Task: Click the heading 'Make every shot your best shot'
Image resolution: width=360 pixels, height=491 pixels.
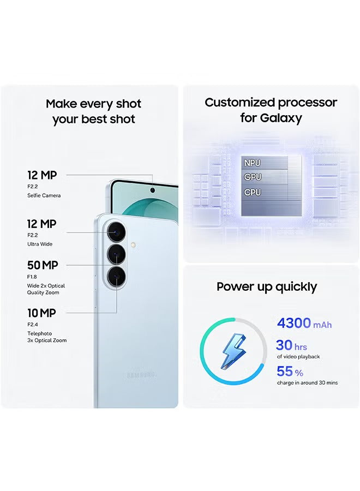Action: (93, 111)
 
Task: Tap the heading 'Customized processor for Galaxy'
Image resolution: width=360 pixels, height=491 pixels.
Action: (271, 110)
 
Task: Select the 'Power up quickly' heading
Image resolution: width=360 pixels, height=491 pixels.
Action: (267, 286)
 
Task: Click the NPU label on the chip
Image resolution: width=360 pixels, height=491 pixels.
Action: (253, 163)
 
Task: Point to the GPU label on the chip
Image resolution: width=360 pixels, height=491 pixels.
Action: (253, 177)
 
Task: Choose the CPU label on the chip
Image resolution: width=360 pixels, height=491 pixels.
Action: (253, 192)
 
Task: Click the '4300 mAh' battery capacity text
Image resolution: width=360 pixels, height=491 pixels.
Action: (304, 323)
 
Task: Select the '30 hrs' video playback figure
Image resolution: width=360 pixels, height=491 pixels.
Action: (291, 345)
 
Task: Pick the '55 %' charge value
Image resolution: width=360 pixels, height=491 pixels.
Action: (290, 372)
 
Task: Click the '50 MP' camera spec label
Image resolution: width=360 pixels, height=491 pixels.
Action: (43, 265)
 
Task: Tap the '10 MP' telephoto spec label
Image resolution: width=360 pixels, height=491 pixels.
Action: (41, 313)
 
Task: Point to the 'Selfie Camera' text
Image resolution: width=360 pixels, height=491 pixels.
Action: (44, 195)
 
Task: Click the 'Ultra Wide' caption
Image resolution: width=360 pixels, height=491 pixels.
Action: (40, 244)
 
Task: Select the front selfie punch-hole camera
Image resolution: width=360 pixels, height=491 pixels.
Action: (152, 190)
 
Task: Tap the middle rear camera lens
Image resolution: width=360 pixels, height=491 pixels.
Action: (117, 254)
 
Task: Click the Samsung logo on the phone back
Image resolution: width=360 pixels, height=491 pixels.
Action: (141, 375)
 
